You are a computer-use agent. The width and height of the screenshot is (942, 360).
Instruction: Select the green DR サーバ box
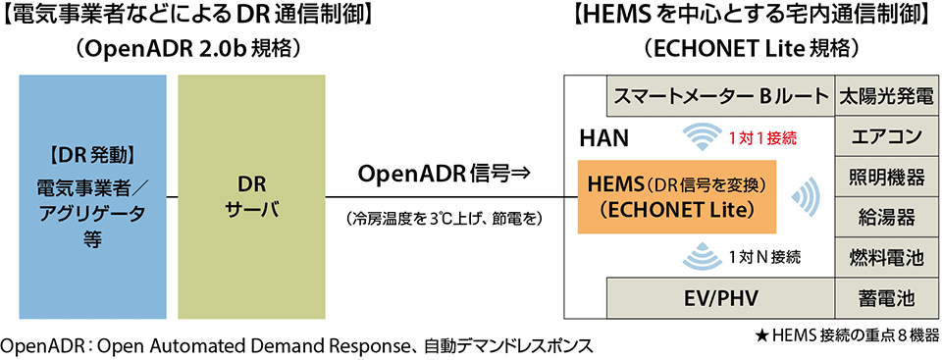(251, 196)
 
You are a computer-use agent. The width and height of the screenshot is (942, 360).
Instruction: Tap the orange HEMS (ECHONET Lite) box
(669, 197)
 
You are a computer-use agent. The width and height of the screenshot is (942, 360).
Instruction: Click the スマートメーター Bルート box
(719, 96)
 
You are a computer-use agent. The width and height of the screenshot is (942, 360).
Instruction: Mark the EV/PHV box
(719, 297)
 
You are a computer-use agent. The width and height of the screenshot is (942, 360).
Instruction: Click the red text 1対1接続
(761, 138)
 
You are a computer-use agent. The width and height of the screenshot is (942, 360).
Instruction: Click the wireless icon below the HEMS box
(704, 256)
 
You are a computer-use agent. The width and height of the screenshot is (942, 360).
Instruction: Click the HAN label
(598, 137)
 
